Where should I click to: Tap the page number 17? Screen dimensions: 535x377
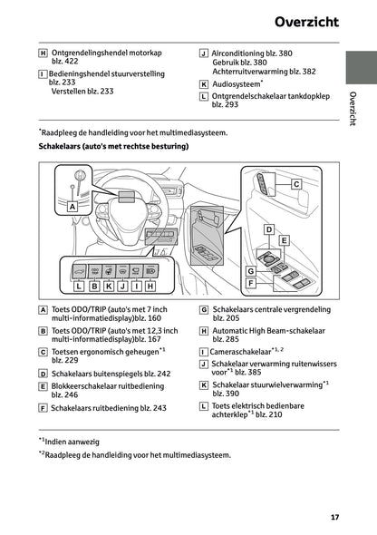(335, 518)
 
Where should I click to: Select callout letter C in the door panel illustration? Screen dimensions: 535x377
(295, 184)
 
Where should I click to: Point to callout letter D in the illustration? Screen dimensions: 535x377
(268, 230)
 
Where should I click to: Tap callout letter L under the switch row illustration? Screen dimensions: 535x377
(79, 286)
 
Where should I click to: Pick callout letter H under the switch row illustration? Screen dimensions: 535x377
(150, 286)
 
